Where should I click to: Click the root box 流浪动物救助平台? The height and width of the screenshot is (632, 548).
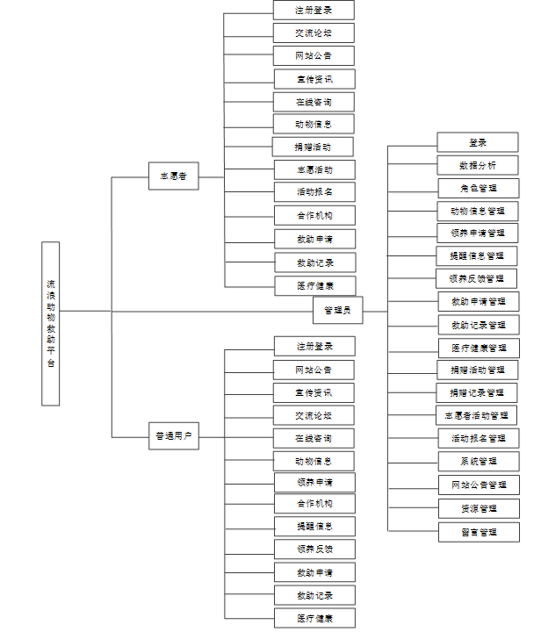click(x=50, y=323)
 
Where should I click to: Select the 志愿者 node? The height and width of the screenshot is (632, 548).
click(x=173, y=176)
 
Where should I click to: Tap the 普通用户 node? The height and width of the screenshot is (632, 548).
click(x=173, y=435)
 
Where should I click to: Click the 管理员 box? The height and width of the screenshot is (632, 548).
click(x=337, y=310)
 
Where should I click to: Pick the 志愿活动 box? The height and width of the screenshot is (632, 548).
click(x=314, y=169)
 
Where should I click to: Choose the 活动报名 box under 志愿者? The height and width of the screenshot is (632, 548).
click(x=314, y=192)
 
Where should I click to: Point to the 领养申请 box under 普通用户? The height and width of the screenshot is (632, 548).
click(x=314, y=482)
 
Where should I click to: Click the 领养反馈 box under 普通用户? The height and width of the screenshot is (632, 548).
click(x=314, y=549)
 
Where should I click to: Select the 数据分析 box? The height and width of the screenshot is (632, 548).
click(x=478, y=165)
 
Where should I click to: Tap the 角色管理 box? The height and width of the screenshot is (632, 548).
click(x=478, y=188)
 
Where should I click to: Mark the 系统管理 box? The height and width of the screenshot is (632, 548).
click(x=478, y=461)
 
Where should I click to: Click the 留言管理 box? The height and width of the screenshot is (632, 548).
click(x=479, y=532)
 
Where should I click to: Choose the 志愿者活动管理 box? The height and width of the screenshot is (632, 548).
click(x=477, y=414)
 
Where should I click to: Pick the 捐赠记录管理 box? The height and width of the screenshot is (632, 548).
click(x=477, y=392)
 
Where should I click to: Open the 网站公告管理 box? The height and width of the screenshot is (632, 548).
click(x=479, y=485)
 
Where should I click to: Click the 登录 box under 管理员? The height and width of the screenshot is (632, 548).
click(x=478, y=142)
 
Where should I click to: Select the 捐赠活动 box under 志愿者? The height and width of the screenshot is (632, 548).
click(x=314, y=147)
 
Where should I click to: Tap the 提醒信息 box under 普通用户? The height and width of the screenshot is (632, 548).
click(x=314, y=527)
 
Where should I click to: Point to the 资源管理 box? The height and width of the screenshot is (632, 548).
click(x=479, y=508)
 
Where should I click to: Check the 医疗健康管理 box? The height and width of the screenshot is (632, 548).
click(x=479, y=348)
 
